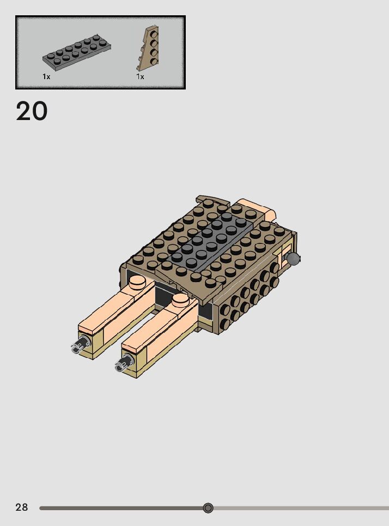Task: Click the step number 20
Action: coord(32,111)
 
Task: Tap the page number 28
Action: coord(22,507)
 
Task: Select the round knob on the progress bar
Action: coord(208,508)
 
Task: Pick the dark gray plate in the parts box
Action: coord(77,52)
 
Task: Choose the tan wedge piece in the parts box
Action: coord(148,49)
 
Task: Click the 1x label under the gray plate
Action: coord(46,77)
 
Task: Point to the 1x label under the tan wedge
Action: coord(140,77)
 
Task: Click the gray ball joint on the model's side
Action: coord(293,259)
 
